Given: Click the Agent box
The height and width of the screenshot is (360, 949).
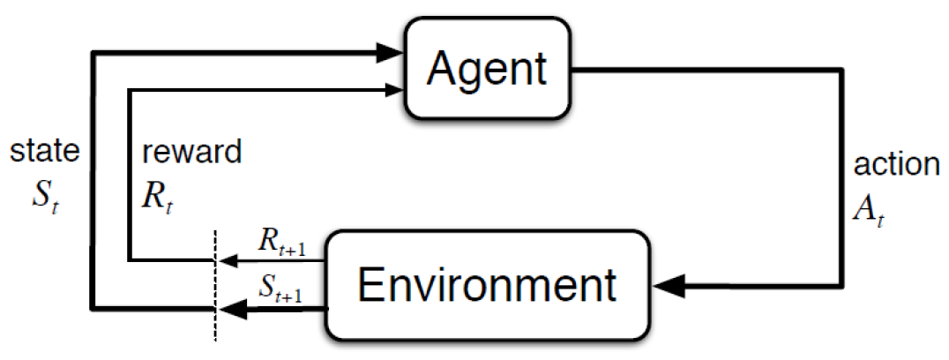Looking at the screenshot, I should pos(487,69).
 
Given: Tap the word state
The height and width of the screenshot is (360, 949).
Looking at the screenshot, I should pos(44,152).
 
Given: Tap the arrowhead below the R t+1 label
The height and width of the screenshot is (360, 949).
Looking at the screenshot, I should pos(227,260).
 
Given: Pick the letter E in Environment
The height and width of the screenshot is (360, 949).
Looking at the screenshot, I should pos(370,285).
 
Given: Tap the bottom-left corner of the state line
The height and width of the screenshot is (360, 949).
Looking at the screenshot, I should pos(93,307).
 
